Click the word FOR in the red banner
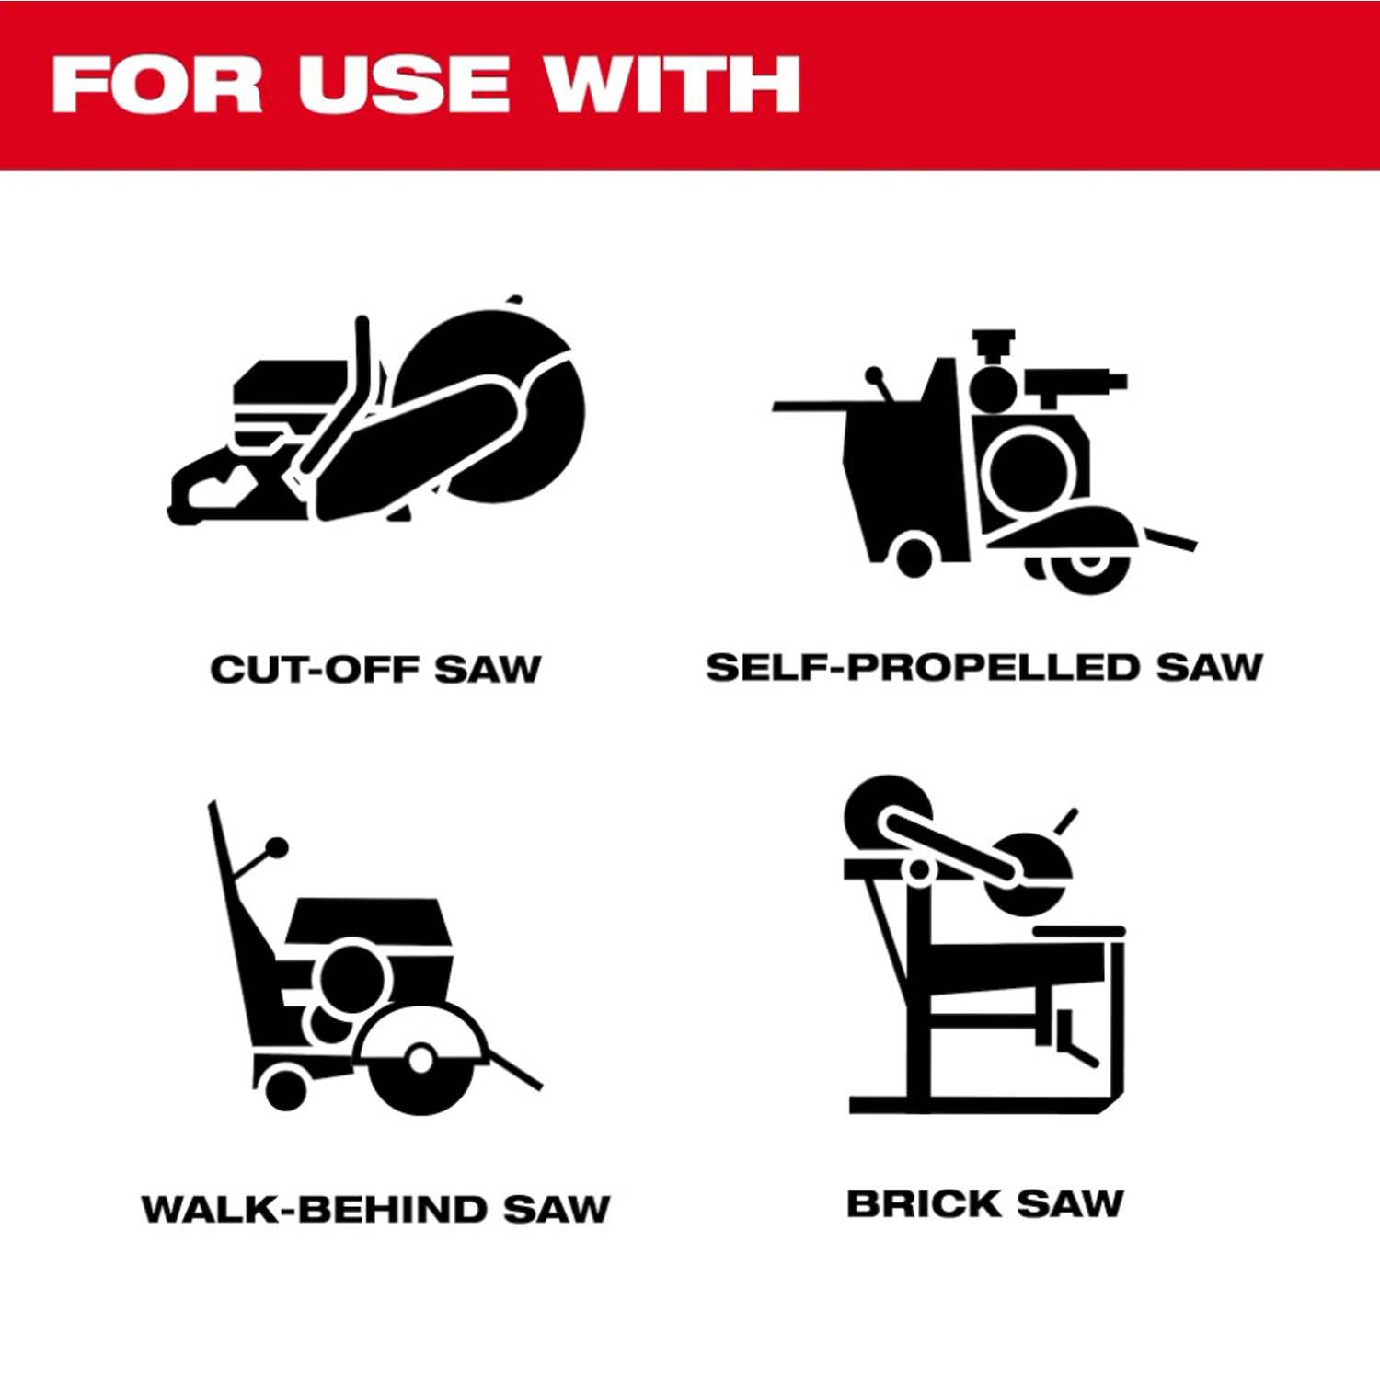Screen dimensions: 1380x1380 [156, 85]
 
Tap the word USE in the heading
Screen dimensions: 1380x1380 [404, 85]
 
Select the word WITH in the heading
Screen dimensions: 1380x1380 [672, 85]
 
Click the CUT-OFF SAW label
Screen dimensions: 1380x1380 [375, 669]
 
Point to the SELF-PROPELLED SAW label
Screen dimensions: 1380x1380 [984, 667]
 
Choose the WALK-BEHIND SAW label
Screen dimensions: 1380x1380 [375, 1209]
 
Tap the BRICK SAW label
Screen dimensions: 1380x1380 [985, 1203]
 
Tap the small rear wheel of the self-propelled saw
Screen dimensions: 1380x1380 [914, 555]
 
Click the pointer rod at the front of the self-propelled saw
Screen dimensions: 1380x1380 [1169, 539]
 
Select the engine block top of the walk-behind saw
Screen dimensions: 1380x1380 [365, 920]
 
